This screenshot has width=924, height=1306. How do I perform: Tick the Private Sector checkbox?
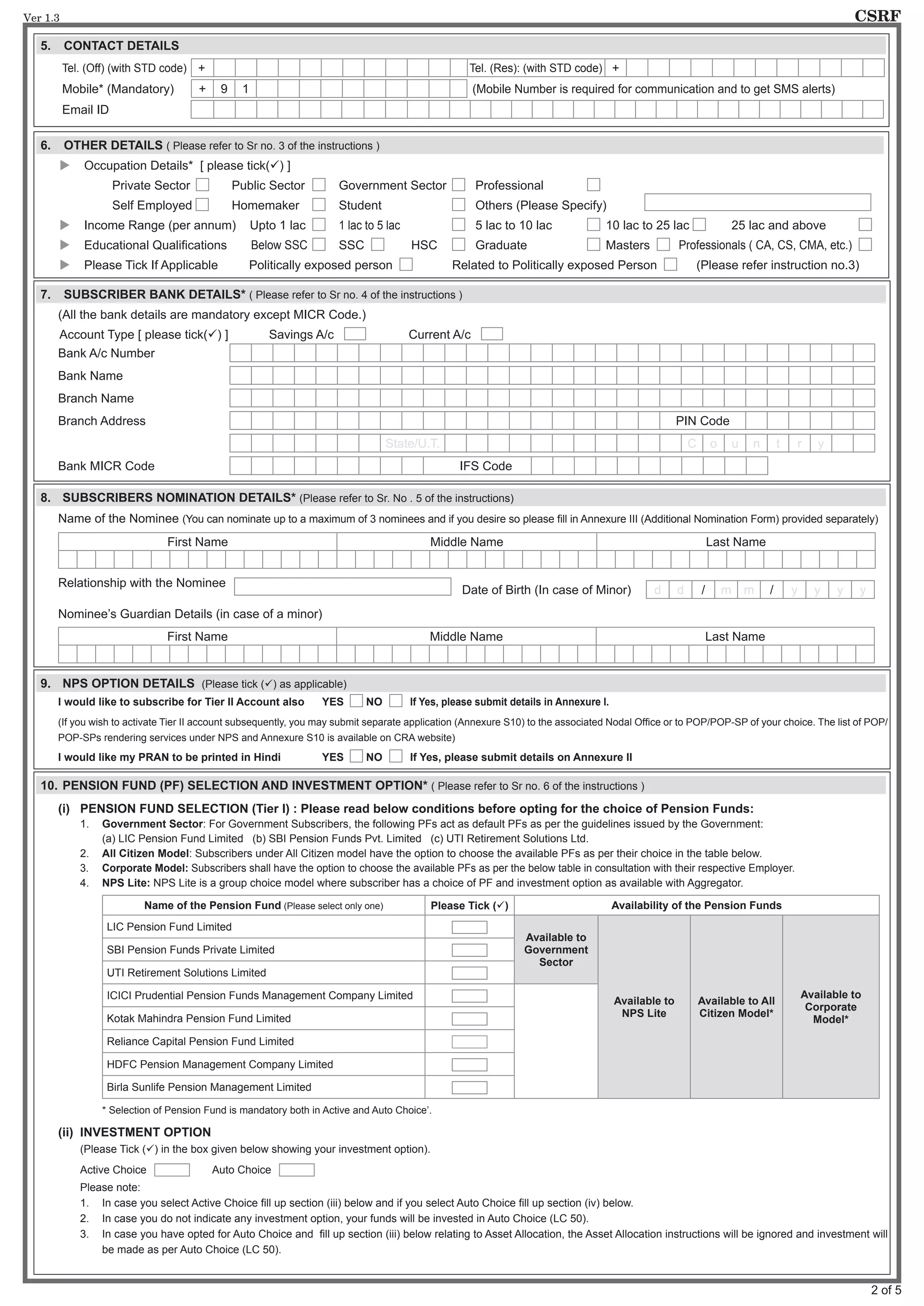point(203,185)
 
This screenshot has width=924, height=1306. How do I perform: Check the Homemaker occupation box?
point(319,205)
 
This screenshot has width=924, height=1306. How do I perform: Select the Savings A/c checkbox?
point(355,334)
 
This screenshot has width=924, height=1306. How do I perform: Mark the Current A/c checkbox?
point(492,334)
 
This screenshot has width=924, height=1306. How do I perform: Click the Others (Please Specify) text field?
point(758,202)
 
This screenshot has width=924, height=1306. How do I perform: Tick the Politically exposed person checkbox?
point(406,265)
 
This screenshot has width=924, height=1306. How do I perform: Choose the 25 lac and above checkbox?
point(865,225)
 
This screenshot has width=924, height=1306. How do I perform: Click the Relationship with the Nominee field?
point(342,586)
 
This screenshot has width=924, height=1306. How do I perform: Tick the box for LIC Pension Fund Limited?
point(469,927)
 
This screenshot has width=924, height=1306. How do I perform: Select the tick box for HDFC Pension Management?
point(469,1064)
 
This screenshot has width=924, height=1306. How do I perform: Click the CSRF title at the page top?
point(878,16)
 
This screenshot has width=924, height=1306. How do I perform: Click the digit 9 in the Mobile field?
point(224,89)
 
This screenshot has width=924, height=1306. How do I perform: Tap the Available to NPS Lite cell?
point(643,1007)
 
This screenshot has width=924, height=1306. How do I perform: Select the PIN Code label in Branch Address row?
point(702,421)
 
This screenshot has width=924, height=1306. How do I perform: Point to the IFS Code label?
point(485,466)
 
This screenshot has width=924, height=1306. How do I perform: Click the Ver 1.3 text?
point(41,18)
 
